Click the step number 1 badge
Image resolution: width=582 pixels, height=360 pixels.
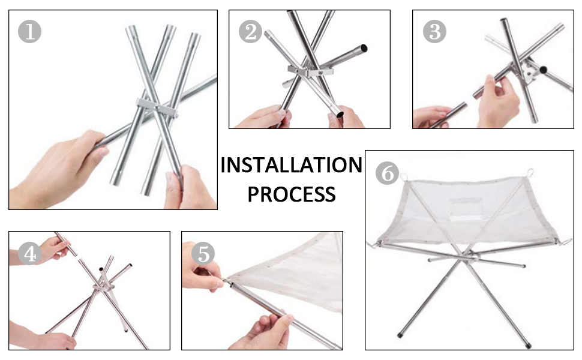point(29,32)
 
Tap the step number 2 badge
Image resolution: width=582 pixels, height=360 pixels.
point(251,32)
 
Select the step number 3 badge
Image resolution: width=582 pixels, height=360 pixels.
point(434,32)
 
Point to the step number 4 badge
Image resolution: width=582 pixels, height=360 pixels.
point(29,253)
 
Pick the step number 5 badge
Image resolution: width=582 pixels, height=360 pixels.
point(203,253)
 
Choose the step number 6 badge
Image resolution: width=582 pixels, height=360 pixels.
point(387,173)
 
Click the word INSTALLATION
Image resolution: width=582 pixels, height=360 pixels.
point(292,165)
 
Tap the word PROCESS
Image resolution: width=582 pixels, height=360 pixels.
point(292,194)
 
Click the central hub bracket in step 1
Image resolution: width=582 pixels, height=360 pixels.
point(157,108)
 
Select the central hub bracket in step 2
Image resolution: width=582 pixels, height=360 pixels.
point(310,70)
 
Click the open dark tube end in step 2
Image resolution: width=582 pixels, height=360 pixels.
point(364,48)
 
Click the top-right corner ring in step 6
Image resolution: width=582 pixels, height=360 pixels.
point(530,173)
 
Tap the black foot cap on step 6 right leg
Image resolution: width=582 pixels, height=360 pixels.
point(529,346)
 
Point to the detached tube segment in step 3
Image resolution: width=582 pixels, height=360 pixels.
point(447,115)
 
